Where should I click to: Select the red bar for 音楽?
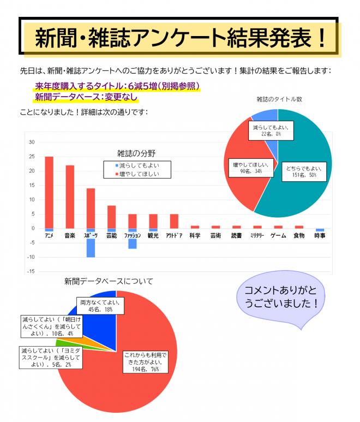click(x=70, y=197)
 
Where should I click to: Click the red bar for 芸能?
click(x=111, y=217)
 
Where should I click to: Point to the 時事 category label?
click(x=320, y=235)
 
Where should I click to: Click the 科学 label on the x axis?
click(x=195, y=235)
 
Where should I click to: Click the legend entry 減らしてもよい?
click(x=137, y=165)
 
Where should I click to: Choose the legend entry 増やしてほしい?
click(x=137, y=174)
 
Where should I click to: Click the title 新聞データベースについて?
click(x=109, y=281)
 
